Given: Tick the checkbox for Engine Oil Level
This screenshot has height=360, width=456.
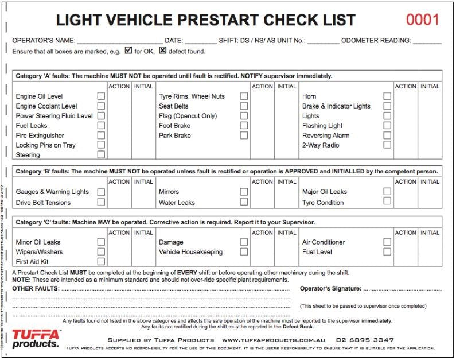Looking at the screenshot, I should coord(101,96).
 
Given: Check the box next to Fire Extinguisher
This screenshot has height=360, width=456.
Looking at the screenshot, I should coord(101,136).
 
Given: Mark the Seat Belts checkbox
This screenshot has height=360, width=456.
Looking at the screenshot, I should coord(244,106).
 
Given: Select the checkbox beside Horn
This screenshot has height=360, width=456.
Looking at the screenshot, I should coord(387,96).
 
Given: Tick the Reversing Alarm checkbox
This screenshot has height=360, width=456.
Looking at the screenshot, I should coord(387,136).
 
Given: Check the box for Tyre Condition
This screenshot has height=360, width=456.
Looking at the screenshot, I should coord(387,202).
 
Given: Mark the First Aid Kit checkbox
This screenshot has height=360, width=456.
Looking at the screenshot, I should coord(101,261).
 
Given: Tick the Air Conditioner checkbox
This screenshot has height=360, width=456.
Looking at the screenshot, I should coord(387,242).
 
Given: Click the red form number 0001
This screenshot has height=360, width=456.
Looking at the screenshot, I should coord(423,20).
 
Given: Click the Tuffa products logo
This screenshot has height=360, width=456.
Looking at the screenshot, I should coord(36,338).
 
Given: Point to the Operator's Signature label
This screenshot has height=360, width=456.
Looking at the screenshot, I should coord(330,288).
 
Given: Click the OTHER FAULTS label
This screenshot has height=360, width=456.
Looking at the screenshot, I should coord(36,288).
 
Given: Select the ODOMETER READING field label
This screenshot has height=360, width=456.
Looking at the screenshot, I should coord(376,41).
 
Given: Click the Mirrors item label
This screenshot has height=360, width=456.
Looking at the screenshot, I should coord(169,192).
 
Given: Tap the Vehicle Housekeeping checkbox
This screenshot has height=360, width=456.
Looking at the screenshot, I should coord(244,251).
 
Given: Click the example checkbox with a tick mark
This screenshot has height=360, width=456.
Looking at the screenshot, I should coord(128,50).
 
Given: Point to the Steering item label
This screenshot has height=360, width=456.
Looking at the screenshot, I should coord(28,155).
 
